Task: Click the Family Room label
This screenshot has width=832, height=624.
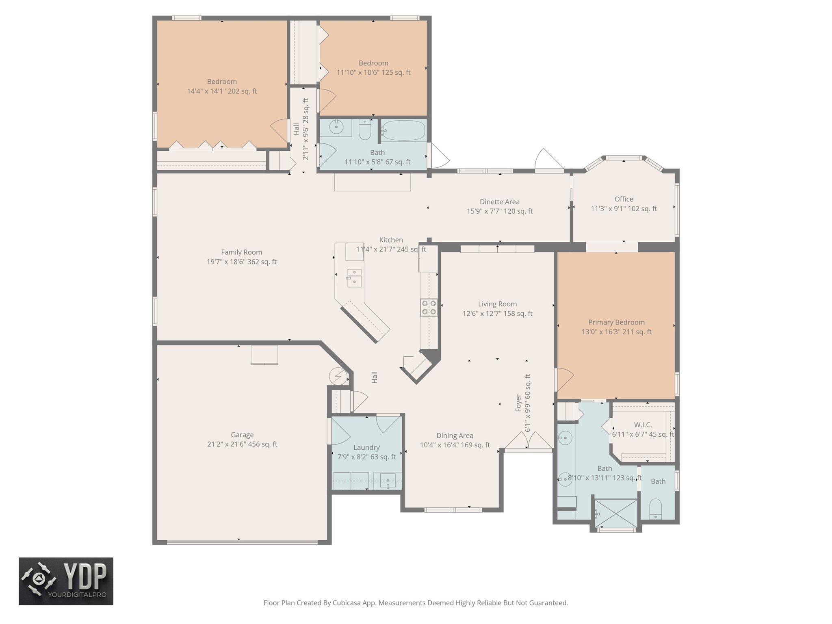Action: (241, 252)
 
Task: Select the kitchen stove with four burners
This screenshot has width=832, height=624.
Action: (429, 307)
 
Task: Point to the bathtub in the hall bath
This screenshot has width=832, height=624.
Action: (403, 130)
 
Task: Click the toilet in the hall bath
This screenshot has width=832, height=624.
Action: (365, 129)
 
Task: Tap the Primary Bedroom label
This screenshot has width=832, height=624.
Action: (616, 322)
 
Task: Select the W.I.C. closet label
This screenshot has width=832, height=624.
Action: (643, 425)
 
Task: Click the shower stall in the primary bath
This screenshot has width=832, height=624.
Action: (616, 513)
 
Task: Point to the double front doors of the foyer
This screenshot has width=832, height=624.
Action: (528, 441)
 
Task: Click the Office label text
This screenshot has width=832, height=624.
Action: (624, 199)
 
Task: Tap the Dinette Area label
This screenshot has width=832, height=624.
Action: (499, 201)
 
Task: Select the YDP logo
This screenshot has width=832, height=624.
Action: (66, 581)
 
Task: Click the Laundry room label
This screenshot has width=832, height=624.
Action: (366, 447)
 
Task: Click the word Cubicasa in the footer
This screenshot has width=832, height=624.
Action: (348, 603)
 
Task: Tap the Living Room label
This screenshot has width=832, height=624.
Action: (497, 304)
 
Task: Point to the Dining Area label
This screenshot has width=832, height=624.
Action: (455, 435)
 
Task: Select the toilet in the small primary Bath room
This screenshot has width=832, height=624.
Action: (656, 509)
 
